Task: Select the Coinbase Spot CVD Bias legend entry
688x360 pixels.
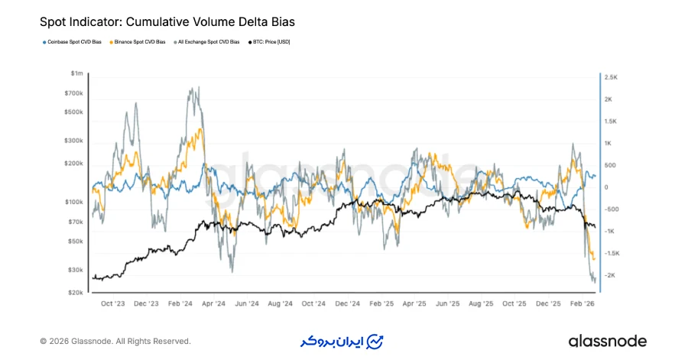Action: pos(72,41)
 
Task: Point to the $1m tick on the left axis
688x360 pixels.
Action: pos(76,73)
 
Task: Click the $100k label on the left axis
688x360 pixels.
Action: pos(73,202)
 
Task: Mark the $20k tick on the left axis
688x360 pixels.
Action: pos(75,292)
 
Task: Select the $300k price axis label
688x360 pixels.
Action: pos(73,141)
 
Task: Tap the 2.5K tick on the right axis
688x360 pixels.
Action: pos(612,77)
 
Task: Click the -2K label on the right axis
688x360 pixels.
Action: pos(611,275)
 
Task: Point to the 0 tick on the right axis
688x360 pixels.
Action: pos(606,187)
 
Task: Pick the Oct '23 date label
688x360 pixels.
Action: pos(113,303)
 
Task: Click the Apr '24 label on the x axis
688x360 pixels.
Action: pos(214,303)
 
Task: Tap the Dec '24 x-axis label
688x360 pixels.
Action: pos(348,303)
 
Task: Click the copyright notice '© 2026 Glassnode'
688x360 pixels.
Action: pos(115,341)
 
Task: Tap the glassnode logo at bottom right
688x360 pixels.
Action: pos(607,341)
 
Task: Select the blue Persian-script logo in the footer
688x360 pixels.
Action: pos(341,341)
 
